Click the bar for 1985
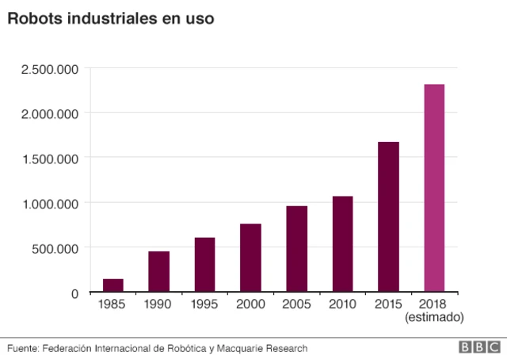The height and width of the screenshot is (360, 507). [x=112, y=285]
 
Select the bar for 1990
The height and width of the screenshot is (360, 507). [x=158, y=272]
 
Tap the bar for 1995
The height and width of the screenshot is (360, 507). [x=204, y=265]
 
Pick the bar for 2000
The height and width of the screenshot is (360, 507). [x=250, y=258]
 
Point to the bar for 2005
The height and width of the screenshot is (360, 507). [x=296, y=249]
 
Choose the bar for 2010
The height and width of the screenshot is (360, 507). [x=342, y=244]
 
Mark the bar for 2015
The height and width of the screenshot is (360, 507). [x=388, y=216]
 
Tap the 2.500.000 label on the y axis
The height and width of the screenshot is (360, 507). [x=50, y=69]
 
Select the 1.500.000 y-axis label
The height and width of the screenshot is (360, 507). [x=50, y=158]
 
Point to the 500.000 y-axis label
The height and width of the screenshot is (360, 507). [x=54, y=247]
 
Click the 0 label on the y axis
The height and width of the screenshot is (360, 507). [x=74, y=293]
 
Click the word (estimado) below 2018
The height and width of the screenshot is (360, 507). [x=434, y=317]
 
